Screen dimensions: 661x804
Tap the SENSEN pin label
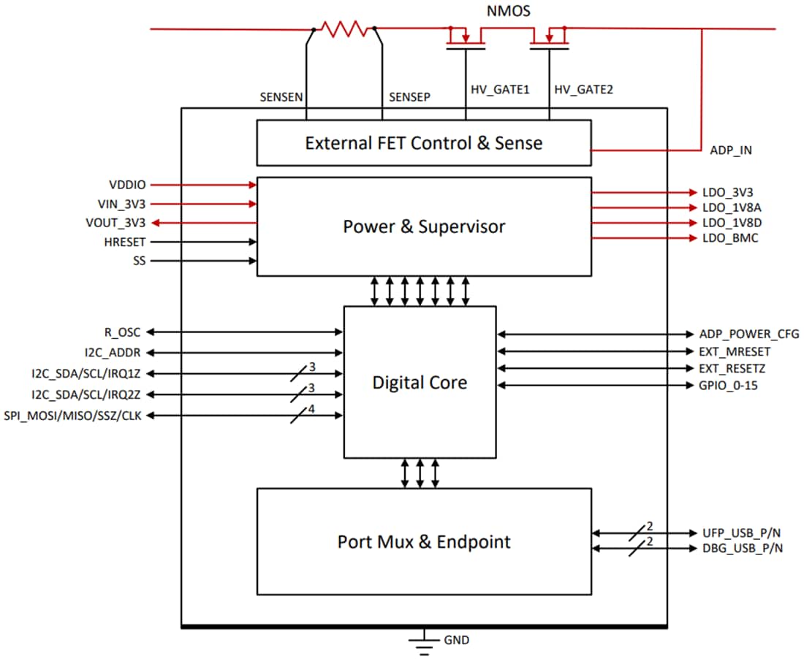point(281,96)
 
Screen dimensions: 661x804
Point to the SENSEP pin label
point(409,96)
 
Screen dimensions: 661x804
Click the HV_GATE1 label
point(500,89)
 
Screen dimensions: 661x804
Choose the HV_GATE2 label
point(584,89)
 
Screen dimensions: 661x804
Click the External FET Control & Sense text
point(423,143)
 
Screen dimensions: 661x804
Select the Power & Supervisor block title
point(423,227)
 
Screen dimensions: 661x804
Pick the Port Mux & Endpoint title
point(423,542)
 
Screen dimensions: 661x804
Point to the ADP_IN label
point(730,150)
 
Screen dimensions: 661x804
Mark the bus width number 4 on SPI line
point(311,409)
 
